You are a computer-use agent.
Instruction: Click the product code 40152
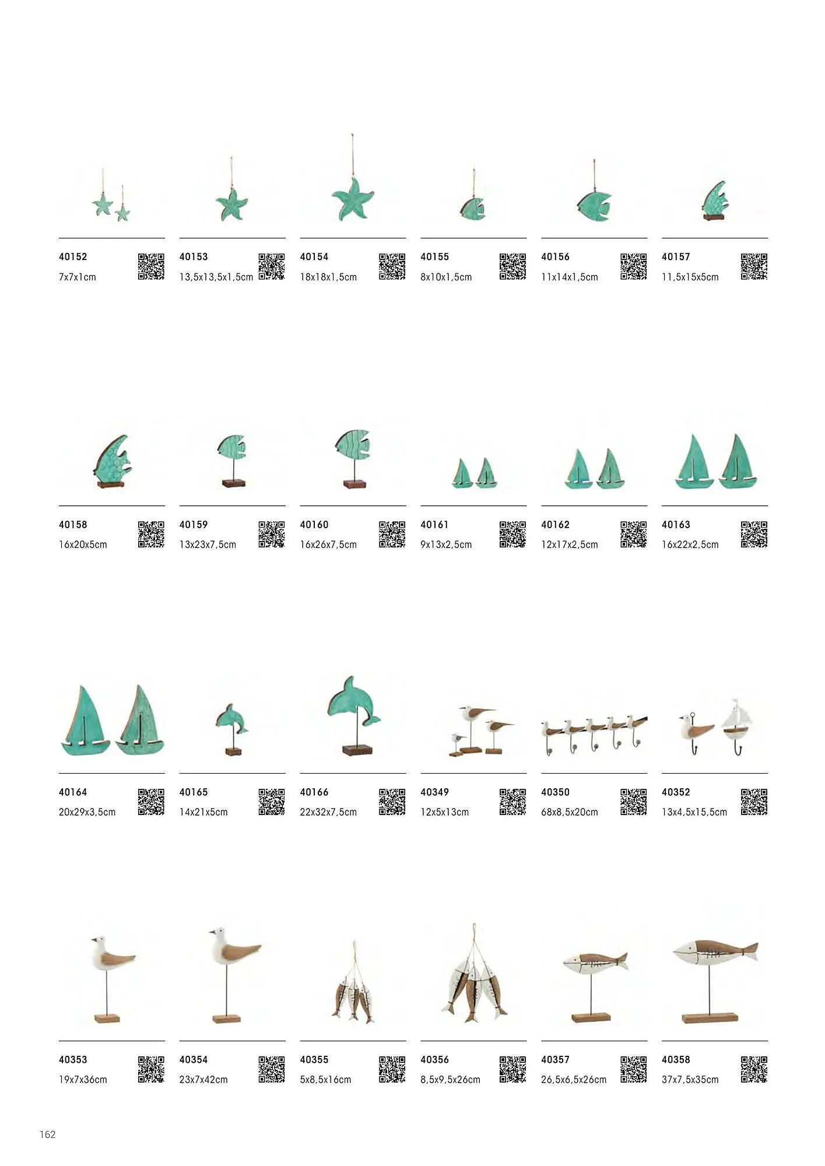point(73,257)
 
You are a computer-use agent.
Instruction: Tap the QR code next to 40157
point(754,266)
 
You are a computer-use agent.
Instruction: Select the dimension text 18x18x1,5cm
point(328,277)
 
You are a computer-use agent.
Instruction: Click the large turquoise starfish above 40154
point(353,199)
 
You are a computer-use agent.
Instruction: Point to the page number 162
point(48,1134)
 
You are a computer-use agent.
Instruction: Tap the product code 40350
point(555,792)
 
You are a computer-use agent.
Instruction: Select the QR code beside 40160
point(392,534)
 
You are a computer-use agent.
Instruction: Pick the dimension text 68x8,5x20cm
point(570,812)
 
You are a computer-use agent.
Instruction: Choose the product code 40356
point(434,1059)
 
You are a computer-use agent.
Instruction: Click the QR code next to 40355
point(392,1069)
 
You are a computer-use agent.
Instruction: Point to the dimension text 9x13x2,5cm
point(446,545)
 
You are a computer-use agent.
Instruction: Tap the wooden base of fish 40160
point(353,484)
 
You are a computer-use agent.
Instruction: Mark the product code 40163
point(676,525)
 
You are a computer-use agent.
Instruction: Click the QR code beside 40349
point(512,802)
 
